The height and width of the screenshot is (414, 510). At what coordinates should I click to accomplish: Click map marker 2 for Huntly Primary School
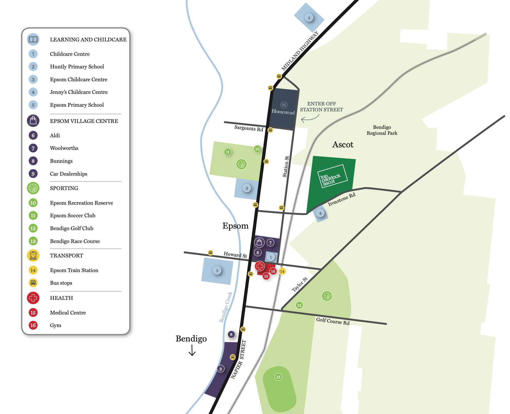tap(309, 18)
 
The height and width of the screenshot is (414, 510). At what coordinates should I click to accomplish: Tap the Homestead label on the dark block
tap(283, 112)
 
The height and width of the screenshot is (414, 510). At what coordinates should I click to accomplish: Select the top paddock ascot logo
tap(332, 176)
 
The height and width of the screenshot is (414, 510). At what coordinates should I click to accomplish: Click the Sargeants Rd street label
tap(249, 128)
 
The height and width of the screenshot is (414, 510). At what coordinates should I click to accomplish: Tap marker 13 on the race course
tap(278, 377)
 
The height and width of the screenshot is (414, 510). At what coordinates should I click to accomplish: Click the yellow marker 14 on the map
tap(282, 271)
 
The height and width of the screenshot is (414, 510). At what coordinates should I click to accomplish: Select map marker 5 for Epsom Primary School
tap(217, 271)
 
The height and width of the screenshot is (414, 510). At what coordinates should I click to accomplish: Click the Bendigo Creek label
tap(226, 307)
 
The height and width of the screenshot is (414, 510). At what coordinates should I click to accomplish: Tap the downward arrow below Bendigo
tap(192, 350)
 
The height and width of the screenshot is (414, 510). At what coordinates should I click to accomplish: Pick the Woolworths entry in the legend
tap(64, 148)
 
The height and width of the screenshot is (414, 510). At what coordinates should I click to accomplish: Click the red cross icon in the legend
tap(33, 298)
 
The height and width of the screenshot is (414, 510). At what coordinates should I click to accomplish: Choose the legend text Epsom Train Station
tap(74, 270)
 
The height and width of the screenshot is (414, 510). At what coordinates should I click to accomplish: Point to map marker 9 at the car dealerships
tap(221, 369)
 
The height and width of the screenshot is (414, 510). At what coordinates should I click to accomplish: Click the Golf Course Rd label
tap(333, 321)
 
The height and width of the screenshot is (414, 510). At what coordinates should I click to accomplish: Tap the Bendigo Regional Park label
tap(382, 130)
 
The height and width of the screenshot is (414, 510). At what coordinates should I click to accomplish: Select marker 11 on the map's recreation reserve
tap(227, 152)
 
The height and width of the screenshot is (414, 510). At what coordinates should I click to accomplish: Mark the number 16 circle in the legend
tap(33, 325)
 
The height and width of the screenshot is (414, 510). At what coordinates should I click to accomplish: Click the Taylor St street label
tap(300, 284)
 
